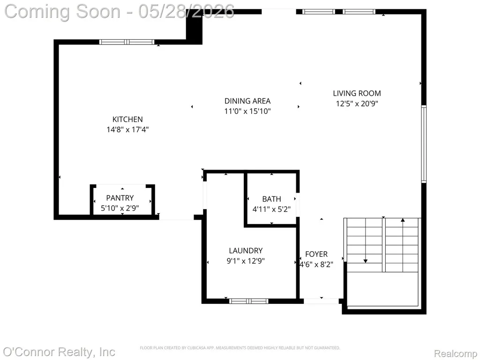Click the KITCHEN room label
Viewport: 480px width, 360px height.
click(127, 120)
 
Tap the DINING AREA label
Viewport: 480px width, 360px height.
click(247, 101)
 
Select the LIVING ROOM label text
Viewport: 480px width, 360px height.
click(357, 93)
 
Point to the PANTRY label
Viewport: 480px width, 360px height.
click(120, 198)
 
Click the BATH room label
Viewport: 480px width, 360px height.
click(271, 199)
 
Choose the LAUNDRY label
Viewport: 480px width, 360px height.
click(246, 251)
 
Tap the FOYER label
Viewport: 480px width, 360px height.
click(316, 254)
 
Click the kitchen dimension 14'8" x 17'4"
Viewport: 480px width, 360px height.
click(127, 129)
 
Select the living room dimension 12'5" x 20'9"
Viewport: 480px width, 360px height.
click(357, 104)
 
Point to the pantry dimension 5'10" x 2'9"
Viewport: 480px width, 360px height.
click(120, 208)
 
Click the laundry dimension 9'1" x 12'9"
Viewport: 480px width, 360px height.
click(246, 261)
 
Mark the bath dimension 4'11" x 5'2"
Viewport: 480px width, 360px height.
click(271, 210)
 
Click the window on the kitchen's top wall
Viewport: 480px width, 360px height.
click(127, 42)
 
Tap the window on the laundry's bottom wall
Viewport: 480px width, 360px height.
click(249, 301)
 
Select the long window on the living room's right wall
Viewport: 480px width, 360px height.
click(424, 144)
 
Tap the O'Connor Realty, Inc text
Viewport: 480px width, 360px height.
click(59, 352)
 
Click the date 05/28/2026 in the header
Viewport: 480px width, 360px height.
click(186, 11)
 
